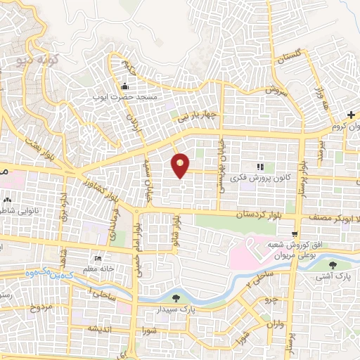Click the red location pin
tap(181, 165)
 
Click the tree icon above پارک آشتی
tap(332, 264)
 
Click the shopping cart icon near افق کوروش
tap(297, 234)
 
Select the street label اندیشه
tap(101, 328)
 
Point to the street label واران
tap(275, 323)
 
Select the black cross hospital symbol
tap(351, 115)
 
